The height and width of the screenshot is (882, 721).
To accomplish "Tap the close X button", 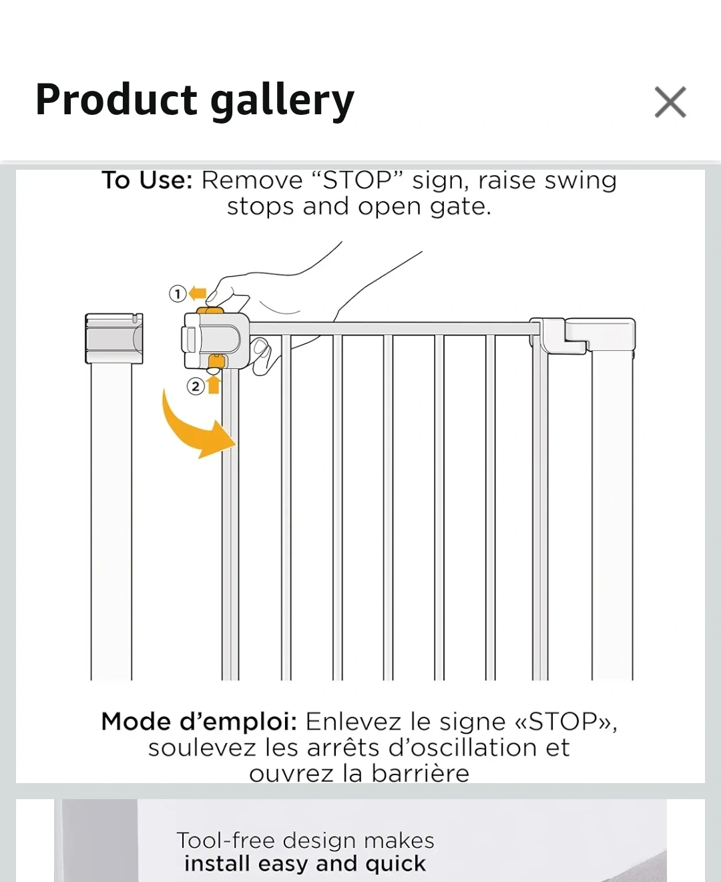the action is point(670,102).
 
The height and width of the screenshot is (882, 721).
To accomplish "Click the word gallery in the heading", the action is point(282,102).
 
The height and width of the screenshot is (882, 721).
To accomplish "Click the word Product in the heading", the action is point(116,99).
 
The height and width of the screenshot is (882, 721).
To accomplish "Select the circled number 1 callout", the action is point(178,293).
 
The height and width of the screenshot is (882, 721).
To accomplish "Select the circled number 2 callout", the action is point(195,386).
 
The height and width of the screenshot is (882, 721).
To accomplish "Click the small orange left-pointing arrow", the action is point(198,293).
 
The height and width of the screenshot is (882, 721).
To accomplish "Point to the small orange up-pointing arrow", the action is point(214,384).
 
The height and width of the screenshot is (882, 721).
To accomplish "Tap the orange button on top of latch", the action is point(210,310).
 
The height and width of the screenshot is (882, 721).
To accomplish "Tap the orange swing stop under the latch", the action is point(217,361).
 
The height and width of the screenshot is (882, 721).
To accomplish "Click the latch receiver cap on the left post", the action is point(113,338).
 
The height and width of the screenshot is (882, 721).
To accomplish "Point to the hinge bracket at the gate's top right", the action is point(582,335).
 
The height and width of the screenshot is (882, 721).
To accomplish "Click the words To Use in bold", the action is point(147,180).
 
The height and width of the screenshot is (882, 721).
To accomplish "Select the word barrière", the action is point(420,774).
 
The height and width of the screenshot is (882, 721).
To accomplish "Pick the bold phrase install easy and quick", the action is point(305,863).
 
